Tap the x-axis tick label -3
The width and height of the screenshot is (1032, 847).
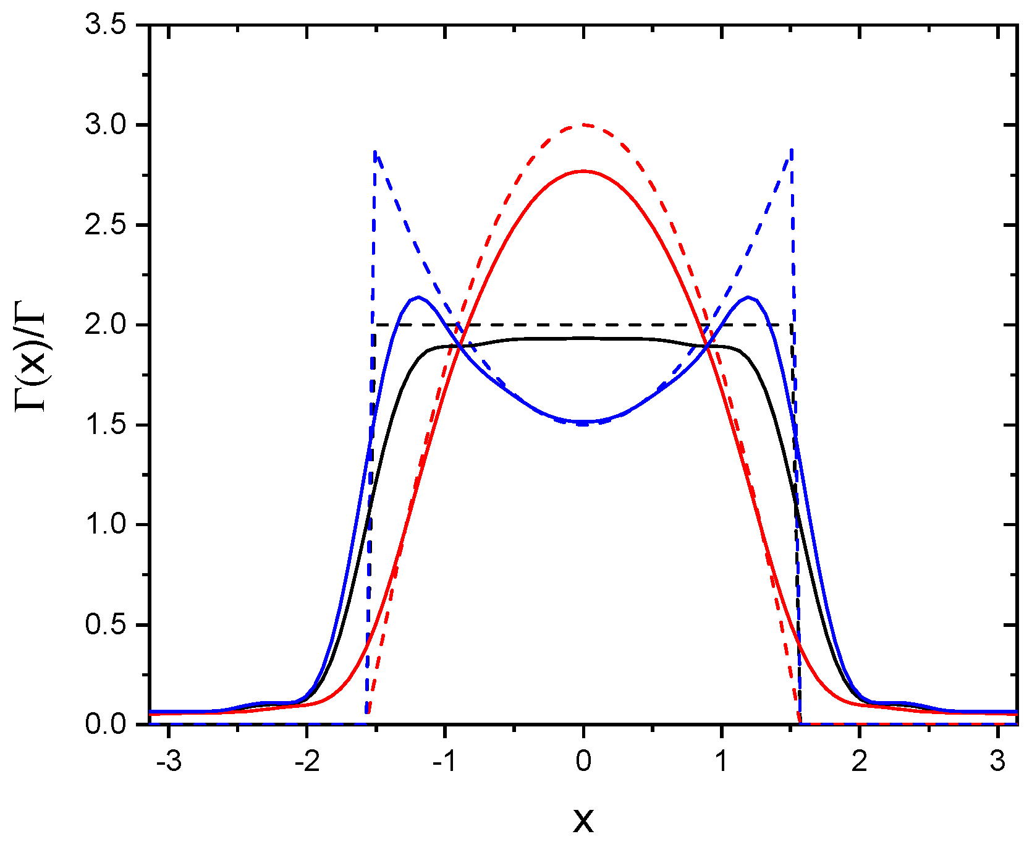(x=169, y=762)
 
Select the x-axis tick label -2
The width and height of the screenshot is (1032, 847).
(x=307, y=762)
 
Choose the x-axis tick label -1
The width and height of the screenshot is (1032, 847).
(x=444, y=762)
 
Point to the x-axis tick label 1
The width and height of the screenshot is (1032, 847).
(x=722, y=762)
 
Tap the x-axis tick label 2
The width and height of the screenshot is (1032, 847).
(x=860, y=762)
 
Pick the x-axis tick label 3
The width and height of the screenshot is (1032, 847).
(x=997, y=762)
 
